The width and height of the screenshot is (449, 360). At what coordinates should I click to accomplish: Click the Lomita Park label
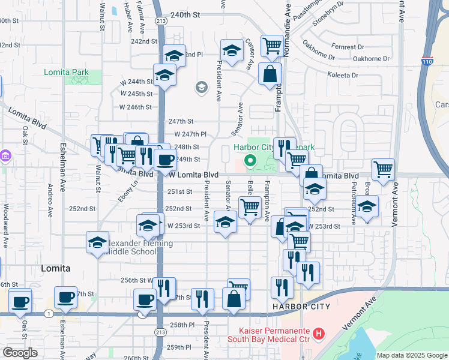(x=66, y=73)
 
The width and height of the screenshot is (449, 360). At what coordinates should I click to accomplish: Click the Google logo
(x=20, y=353)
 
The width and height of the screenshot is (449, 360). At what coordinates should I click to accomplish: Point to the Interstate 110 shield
(x=427, y=61)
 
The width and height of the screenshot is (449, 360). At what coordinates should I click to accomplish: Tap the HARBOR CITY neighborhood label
(x=301, y=307)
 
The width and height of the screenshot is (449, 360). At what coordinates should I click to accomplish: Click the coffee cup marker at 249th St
(x=165, y=160)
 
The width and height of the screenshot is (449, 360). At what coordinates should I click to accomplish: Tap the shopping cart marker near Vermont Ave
(x=383, y=169)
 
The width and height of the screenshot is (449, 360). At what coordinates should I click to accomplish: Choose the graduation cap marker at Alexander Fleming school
(x=97, y=242)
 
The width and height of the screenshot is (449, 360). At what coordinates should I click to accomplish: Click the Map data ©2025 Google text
(x=411, y=355)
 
